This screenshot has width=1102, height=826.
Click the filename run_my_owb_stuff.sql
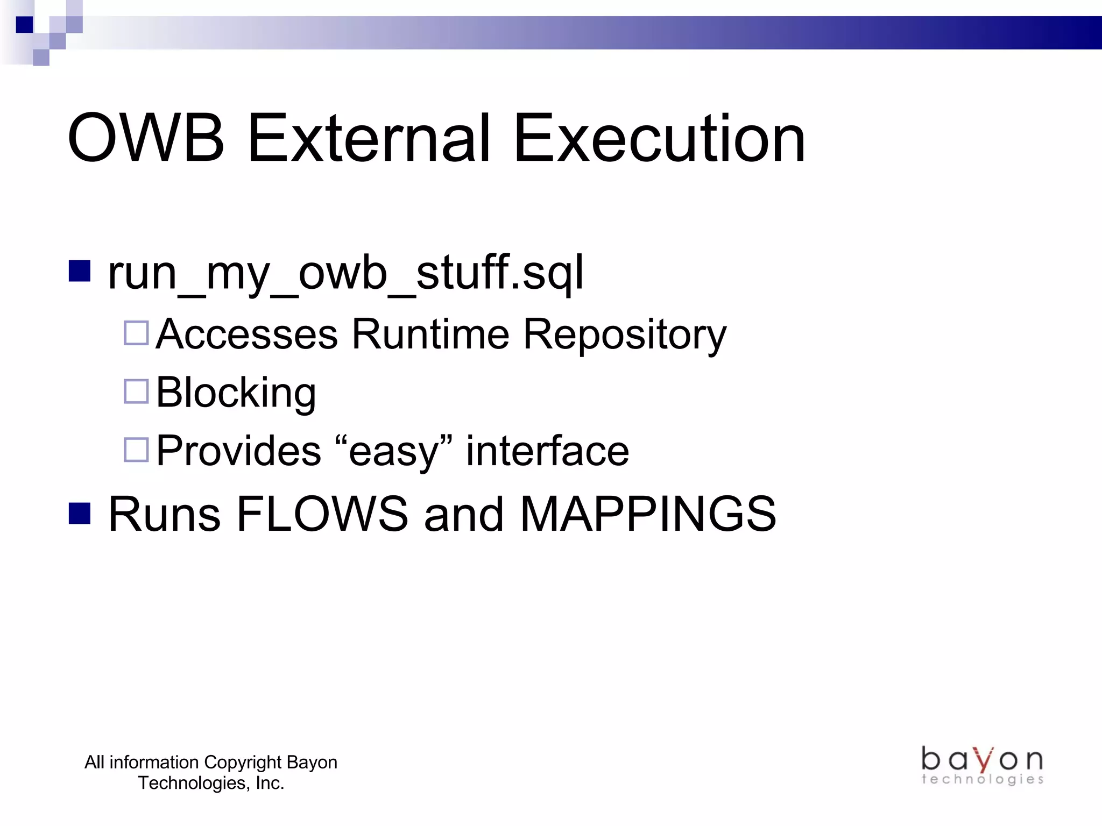click(x=345, y=273)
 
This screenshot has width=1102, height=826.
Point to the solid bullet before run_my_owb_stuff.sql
click(x=80, y=271)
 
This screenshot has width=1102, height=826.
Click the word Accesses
click(x=247, y=334)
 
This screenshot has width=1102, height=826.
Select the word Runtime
click(x=430, y=334)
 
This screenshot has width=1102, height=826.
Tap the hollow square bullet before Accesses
click(x=136, y=333)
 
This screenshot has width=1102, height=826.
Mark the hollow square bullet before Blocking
click(x=136, y=391)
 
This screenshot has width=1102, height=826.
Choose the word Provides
click(x=238, y=451)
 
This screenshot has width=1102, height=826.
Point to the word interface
click(x=547, y=451)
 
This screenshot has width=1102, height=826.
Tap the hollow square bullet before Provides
click(x=136, y=450)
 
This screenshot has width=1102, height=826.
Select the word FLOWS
click(x=322, y=514)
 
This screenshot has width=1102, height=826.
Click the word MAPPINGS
click(x=648, y=514)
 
